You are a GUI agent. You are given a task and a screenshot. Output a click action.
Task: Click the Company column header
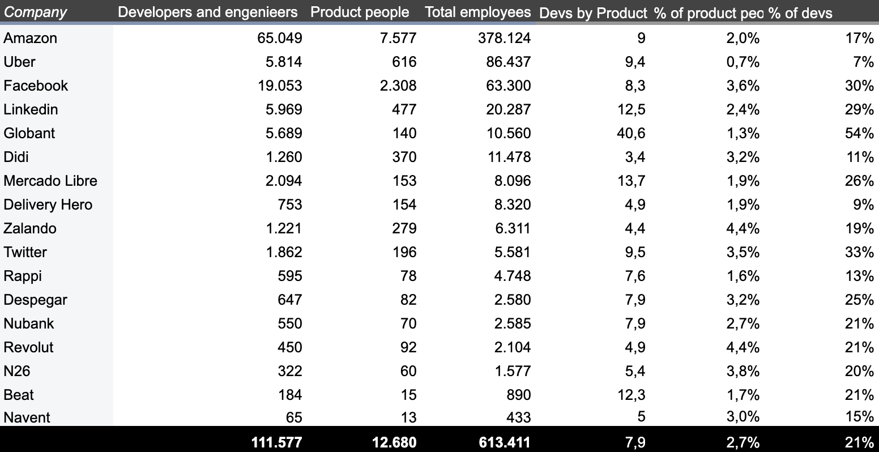[x=35, y=12]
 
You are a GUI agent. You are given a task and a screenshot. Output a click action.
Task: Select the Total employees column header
[x=477, y=12]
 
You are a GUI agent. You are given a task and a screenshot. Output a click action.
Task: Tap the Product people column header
[x=360, y=12]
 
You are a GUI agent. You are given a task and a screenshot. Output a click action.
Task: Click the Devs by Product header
[x=592, y=14]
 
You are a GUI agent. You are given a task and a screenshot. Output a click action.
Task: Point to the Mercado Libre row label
[x=50, y=181]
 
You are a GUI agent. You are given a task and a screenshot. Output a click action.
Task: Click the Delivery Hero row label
[x=48, y=204]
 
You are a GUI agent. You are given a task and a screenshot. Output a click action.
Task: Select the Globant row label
[x=29, y=133]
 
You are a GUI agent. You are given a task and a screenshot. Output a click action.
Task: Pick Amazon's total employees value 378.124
[x=508, y=38]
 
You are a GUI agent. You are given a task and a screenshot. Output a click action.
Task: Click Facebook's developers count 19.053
[x=284, y=86]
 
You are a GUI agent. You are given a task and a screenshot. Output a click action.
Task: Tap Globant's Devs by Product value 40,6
[x=631, y=133]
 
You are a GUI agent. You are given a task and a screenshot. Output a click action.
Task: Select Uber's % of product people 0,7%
[x=743, y=62]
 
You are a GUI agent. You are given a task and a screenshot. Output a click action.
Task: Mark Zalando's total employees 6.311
[x=512, y=228]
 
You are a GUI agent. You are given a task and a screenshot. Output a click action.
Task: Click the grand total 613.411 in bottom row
[x=504, y=442]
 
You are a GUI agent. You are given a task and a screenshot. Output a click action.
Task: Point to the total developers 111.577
[x=276, y=442]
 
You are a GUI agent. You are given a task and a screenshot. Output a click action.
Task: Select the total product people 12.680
[x=394, y=442]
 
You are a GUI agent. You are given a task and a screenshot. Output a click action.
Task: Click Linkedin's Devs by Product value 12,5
[x=631, y=109]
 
